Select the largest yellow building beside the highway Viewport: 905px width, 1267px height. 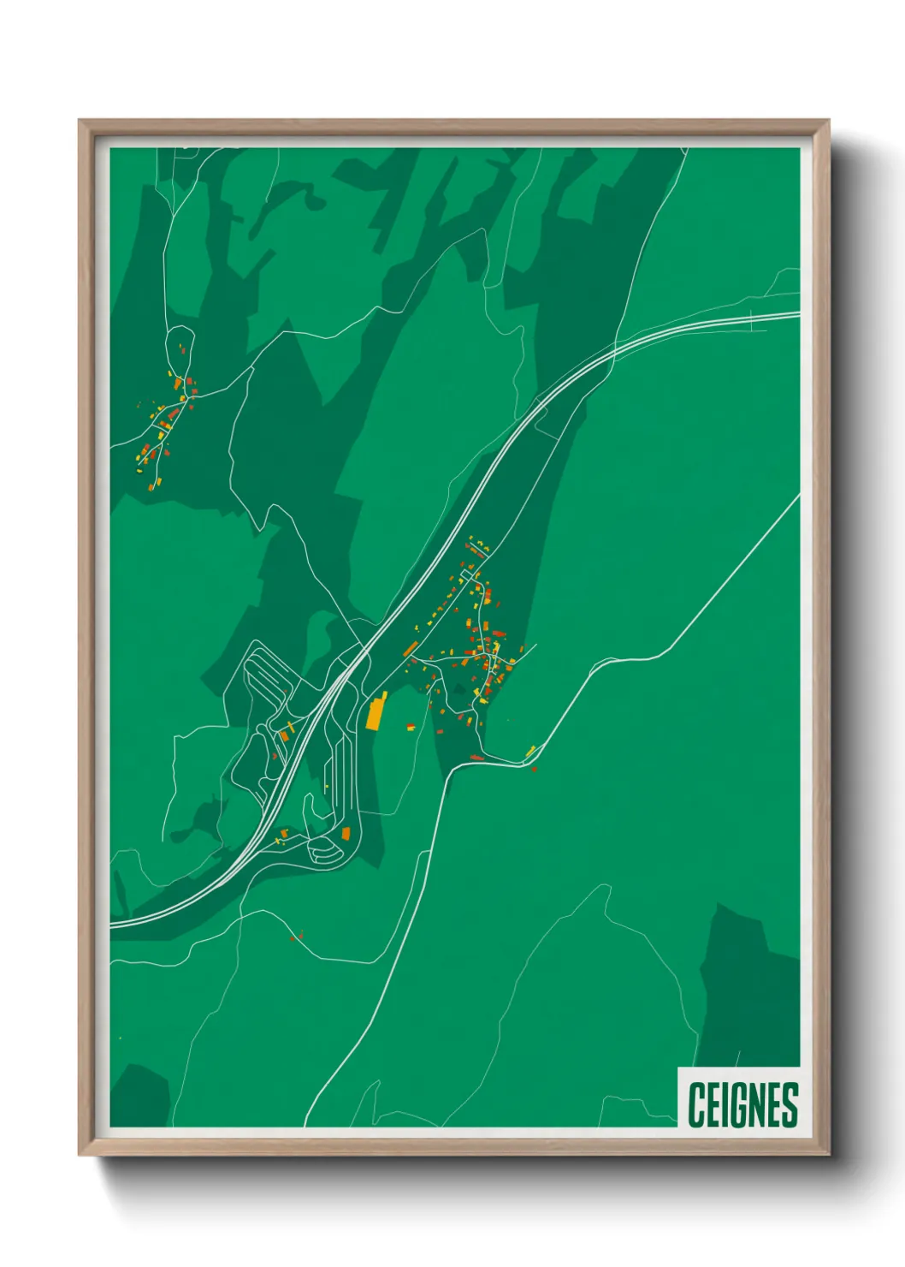point(375,713)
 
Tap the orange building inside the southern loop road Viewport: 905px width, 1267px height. point(346,833)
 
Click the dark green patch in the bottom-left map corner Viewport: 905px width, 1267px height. point(139,1096)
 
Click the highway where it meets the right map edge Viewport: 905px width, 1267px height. point(797,315)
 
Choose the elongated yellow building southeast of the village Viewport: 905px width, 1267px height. point(530,752)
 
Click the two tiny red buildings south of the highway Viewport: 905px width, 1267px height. point(296,937)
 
